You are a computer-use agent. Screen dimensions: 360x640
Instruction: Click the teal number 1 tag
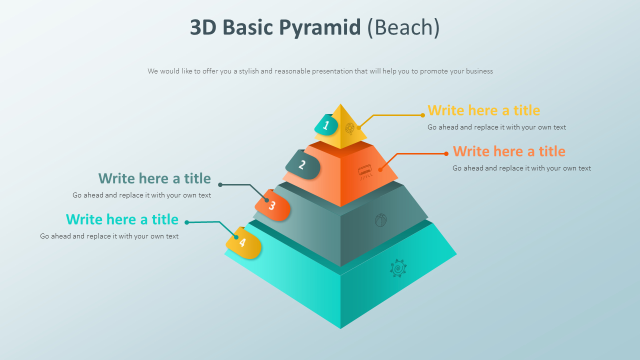[x=326, y=125]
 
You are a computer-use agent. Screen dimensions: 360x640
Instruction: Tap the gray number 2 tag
[x=302, y=164]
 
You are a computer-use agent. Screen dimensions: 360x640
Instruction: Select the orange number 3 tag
[x=272, y=205]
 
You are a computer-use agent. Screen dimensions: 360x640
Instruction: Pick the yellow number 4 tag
[x=243, y=242]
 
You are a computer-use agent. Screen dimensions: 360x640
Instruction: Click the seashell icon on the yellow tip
[x=350, y=128]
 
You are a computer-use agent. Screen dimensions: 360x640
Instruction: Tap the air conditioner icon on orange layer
[x=365, y=171]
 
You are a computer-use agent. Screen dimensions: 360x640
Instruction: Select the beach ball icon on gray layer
[x=381, y=220]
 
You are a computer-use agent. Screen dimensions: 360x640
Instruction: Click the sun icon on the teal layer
[x=398, y=268]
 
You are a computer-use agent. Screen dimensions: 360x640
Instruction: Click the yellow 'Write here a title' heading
[x=483, y=110]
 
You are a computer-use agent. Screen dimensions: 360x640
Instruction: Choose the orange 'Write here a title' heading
[x=509, y=151]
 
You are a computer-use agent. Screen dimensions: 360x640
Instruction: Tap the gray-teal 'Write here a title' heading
[x=154, y=178]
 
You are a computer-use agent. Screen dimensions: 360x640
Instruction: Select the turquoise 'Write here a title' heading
[x=122, y=219]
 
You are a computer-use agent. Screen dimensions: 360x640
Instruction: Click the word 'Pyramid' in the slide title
[x=319, y=27]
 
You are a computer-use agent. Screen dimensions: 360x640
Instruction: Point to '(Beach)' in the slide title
[x=403, y=27]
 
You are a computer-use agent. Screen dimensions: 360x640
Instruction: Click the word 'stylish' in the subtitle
[x=248, y=71]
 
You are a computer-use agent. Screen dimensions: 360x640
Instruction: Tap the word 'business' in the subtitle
[x=479, y=71]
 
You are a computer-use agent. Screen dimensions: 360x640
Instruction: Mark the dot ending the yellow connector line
[x=422, y=115]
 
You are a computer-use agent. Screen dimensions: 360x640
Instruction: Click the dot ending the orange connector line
[x=446, y=153]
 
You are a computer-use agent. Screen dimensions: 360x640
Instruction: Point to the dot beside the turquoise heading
[x=187, y=222]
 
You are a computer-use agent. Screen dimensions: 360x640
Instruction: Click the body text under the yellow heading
[x=496, y=127]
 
